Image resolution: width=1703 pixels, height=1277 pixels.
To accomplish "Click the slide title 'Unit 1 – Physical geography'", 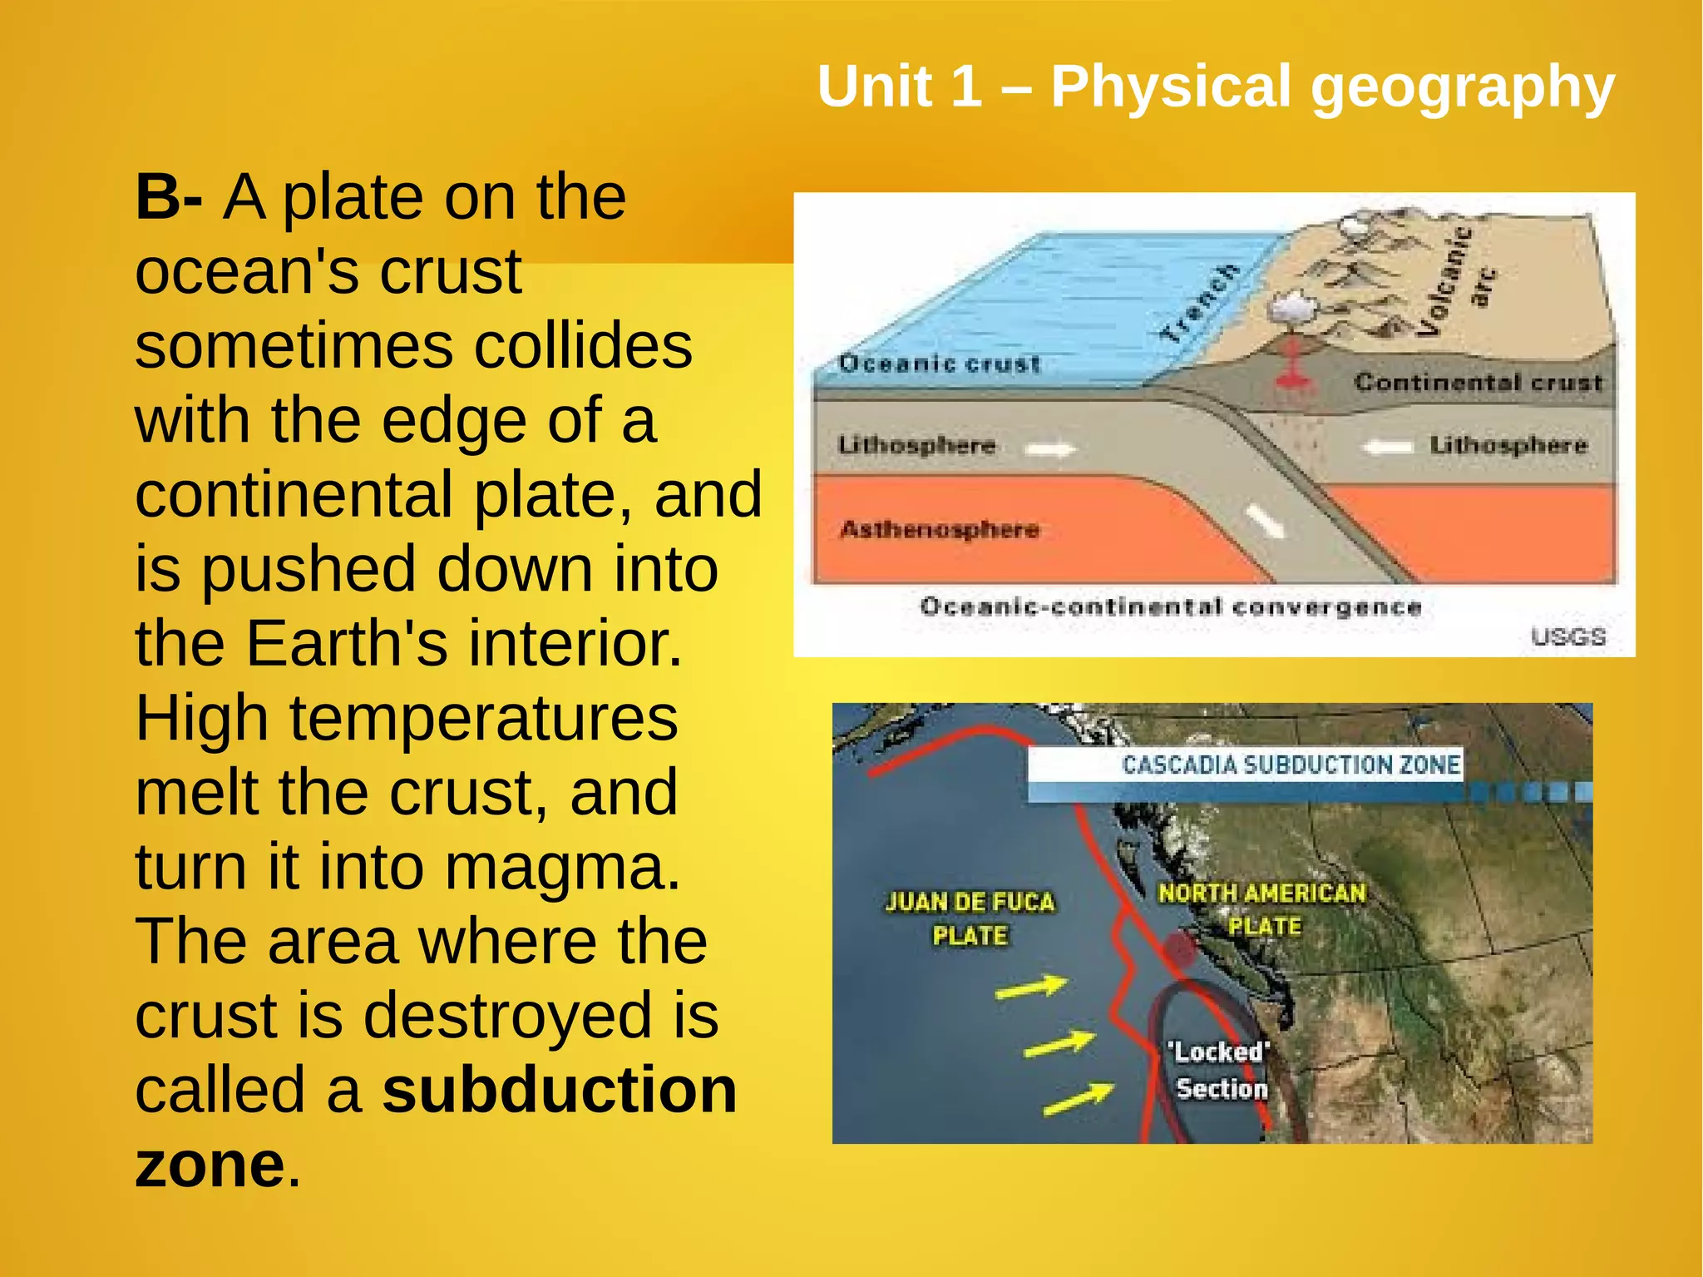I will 1215,87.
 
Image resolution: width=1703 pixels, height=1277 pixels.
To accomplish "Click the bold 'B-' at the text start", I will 168,197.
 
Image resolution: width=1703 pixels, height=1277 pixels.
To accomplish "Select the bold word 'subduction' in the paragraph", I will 560,1090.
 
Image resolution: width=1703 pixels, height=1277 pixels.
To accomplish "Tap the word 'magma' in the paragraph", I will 561,868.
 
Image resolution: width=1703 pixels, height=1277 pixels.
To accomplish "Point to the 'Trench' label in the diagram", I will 1199,304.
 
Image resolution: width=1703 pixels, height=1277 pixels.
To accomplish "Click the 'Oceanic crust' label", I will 939,364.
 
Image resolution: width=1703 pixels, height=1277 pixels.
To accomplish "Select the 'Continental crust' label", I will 1478,382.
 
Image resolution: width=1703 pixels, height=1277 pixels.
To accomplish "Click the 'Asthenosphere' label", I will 940,529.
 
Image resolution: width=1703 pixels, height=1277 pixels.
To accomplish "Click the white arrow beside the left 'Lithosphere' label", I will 1049,450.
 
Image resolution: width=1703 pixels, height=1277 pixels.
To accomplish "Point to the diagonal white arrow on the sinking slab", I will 1265,522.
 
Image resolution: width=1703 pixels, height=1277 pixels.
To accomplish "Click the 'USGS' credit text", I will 1567,636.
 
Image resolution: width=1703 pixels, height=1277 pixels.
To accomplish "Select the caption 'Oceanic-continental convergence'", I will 1170,606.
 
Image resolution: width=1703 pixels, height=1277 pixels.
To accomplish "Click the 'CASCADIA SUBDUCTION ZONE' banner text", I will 1291,765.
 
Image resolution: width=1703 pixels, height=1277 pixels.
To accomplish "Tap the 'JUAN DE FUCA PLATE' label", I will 970,918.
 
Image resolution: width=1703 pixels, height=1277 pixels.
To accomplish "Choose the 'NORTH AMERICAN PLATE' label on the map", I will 1262,908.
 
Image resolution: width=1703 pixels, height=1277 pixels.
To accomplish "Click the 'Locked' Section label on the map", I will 1221,1070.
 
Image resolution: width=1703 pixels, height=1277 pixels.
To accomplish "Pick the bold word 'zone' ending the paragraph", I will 210,1165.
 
